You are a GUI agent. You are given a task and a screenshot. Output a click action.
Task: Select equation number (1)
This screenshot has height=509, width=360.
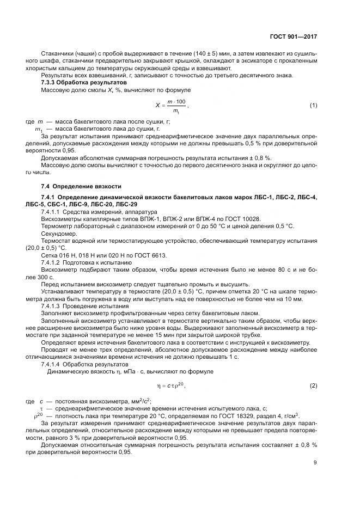pyautogui.click(x=313, y=105)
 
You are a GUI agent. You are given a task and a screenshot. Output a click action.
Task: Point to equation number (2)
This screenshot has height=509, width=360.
pyautogui.click(x=313, y=386)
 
